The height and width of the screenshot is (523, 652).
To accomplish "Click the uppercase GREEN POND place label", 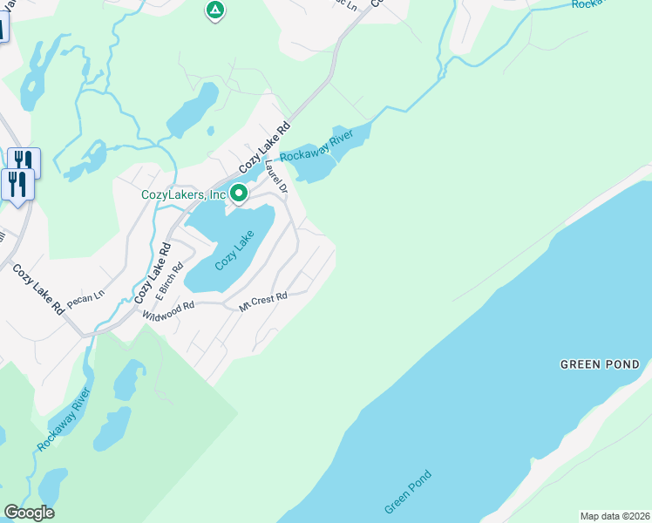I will pos(600,364).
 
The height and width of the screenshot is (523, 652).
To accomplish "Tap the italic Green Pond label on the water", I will pos(408,492).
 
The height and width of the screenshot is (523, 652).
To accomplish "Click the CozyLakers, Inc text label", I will pos(183,195).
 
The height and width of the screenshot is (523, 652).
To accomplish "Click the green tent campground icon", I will pos(214,11).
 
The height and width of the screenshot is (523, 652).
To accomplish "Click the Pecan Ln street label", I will pos(85,295).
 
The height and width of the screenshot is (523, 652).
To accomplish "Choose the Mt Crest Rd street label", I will pos(263,302).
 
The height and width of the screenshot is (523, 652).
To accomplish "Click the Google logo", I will pos(29,513).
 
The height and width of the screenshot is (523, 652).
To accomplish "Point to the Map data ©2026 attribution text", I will pos(615,516).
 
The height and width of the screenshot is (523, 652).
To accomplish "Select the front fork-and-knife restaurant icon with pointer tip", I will pos(17,185).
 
